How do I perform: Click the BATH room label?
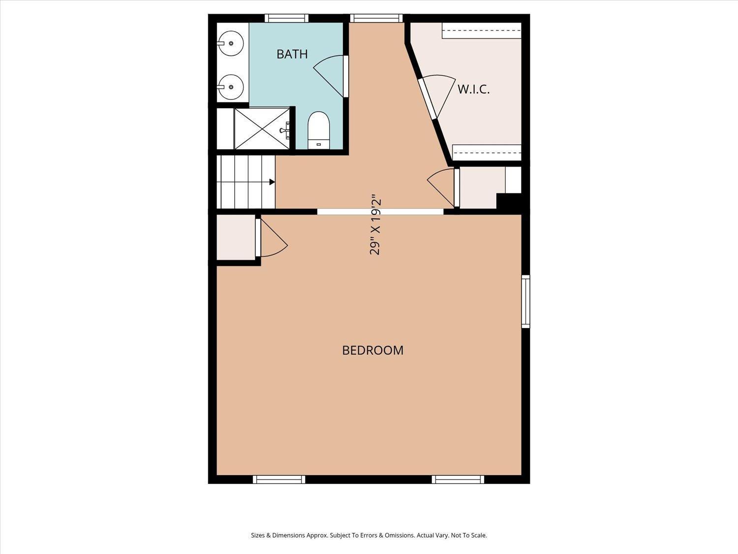[x=292, y=54]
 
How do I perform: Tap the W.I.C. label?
[x=473, y=90]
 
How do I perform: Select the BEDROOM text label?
[x=372, y=351]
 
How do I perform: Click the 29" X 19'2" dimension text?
[x=375, y=224]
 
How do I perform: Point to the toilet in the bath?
[x=319, y=130]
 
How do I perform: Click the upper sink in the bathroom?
[x=230, y=43]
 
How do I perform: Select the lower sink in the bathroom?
[x=230, y=87]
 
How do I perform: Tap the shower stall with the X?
[x=262, y=129]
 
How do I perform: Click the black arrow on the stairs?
[x=272, y=182]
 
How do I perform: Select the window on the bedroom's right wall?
[x=525, y=301]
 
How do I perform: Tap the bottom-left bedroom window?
[x=279, y=479]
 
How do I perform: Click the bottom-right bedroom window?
[x=458, y=479]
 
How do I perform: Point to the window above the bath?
[x=286, y=18]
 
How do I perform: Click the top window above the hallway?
[x=376, y=18]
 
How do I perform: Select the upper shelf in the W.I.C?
[x=482, y=31]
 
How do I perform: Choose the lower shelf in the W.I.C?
[x=487, y=152]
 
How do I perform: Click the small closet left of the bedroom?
[x=236, y=237]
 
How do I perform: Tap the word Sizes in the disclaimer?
[x=258, y=535]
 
